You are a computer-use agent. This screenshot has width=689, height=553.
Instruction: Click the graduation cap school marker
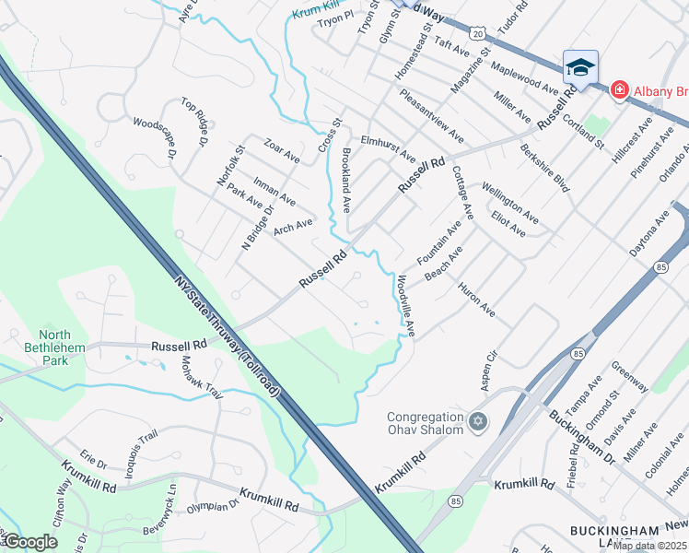tap(580, 67)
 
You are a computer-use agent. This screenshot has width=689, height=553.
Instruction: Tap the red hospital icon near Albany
tap(619, 89)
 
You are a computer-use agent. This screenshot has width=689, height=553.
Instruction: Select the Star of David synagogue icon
tap(476, 422)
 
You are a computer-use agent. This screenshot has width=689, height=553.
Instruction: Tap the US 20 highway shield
tap(478, 31)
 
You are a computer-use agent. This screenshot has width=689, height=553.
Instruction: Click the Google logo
tap(29, 542)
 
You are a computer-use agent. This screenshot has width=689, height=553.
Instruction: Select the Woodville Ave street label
tap(405, 305)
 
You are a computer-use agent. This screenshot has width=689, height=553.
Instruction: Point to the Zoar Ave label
tap(282, 148)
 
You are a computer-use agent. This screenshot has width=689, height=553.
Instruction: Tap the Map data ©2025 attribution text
tap(649, 546)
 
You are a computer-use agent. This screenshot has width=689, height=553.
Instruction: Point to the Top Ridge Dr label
tap(195, 123)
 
